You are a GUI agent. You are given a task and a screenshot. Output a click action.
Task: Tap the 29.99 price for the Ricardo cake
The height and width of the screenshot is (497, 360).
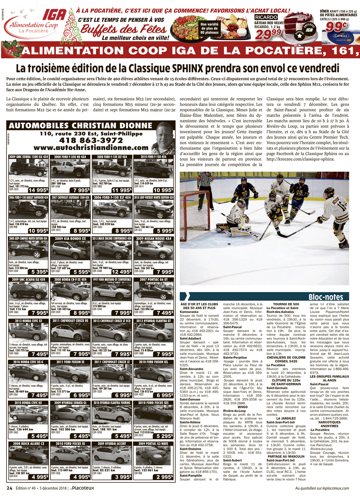(x=268, y=35)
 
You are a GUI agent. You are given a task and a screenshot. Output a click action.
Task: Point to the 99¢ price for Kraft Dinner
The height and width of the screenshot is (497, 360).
(x=336, y=27)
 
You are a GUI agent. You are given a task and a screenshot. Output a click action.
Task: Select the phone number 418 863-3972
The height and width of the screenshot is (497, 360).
(x=91, y=140)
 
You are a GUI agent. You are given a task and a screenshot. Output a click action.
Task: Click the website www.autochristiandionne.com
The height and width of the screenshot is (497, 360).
(x=91, y=148)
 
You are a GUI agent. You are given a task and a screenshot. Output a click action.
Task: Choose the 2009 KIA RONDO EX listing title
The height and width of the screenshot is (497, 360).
(x=70, y=239)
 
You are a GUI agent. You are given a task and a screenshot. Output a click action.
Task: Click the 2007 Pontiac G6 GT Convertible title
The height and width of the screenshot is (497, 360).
(x=154, y=281)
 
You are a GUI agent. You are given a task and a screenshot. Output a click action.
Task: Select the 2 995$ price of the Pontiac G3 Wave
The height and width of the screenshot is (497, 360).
(x=165, y=477)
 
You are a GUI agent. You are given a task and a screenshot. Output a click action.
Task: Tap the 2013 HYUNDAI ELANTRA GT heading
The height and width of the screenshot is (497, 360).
(x=154, y=321)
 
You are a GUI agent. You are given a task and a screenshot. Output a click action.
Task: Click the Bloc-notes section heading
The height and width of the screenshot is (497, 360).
(x=326, y=297)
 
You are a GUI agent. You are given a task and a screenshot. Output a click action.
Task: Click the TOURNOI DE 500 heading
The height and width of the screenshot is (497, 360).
(x=286, y=304)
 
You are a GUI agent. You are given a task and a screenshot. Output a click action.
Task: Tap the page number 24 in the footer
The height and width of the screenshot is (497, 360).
(x=10, y=488)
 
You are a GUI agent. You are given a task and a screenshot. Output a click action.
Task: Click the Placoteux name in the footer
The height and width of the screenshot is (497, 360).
(x=83, y=488)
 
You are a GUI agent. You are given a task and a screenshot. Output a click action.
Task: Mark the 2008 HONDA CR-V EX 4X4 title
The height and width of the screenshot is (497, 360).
(x=70, y=280)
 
